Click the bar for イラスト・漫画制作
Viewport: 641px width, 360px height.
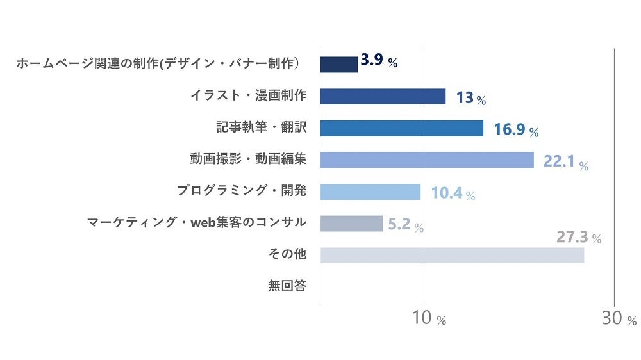point(383,97)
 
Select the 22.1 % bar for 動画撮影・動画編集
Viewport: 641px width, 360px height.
point(426,160)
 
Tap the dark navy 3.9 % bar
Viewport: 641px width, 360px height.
point(338,65)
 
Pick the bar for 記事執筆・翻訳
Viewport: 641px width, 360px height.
point(401,128)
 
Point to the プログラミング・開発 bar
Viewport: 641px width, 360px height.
point(370,192)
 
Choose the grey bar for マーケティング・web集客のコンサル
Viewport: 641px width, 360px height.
point(351,224)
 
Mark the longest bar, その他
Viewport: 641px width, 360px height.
point(452,255)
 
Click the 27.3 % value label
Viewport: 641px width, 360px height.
point(578,238)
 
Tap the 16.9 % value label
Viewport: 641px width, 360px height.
point(515,131)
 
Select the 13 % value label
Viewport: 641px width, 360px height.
point(470,99)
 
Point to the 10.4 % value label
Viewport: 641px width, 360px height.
point(453,193)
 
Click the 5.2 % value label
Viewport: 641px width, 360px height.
point(406,225)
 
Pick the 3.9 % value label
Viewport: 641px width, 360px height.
point(379,61)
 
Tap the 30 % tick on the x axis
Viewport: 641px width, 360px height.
point(619,318)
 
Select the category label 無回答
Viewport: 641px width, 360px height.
point(287,286)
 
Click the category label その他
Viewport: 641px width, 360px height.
point(287,254)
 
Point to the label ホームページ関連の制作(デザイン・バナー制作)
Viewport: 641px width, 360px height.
point(158,63)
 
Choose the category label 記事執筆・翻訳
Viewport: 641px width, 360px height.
point(262,127)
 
